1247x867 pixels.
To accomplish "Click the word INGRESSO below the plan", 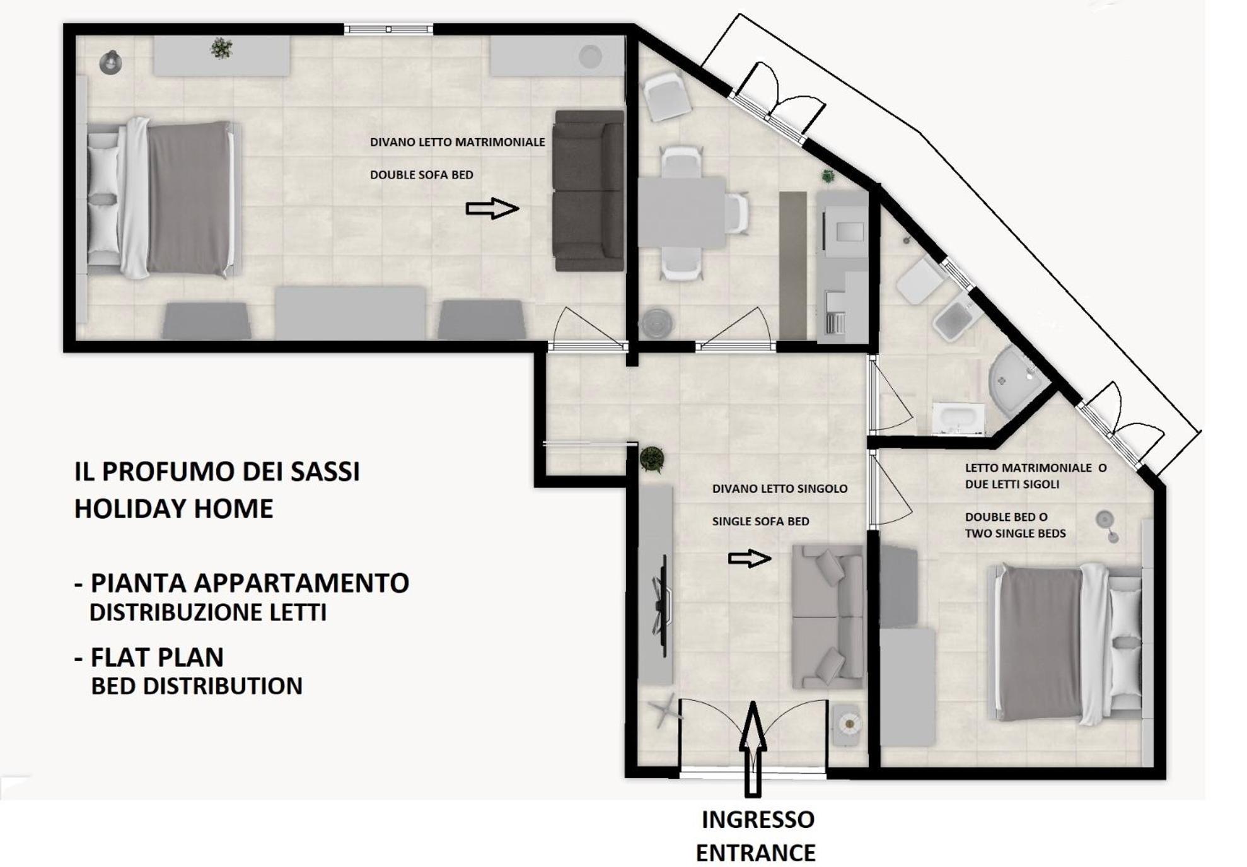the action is pyautogui.click(x=757, y=819).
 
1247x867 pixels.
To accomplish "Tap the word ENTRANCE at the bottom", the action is pyautogui.click(x=755, y=852).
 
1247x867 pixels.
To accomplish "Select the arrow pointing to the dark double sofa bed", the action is pyautogui.click(x=492, y=208).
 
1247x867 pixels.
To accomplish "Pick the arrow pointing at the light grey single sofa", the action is pyautogui.click(x=750, y=558).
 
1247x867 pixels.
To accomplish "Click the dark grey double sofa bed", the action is pyautogui.click(x=589, y=191).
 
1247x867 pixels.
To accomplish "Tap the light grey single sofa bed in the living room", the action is pyautogui.click(x=827, y=617).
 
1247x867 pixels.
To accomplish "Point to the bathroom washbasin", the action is pyautogui.click(x=958, y=419).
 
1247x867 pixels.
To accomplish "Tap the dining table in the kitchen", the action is pyautogui.click(x=681, y=212).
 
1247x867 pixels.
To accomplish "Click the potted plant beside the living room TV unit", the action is pyautogui.click(x=651, y=458).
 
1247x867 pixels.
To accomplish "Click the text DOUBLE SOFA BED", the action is pyautogui.click(x=421, y=175).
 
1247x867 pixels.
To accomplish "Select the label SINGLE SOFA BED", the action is pyautogui.click(x=760, y=521).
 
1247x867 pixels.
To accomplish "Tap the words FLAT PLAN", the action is pyautogui.click(x=157, y=657).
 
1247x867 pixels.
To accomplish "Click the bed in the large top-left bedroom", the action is pyautogui.click(x=164, y=198).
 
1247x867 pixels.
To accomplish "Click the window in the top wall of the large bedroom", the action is pyautogui.click(x=388, y=29).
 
